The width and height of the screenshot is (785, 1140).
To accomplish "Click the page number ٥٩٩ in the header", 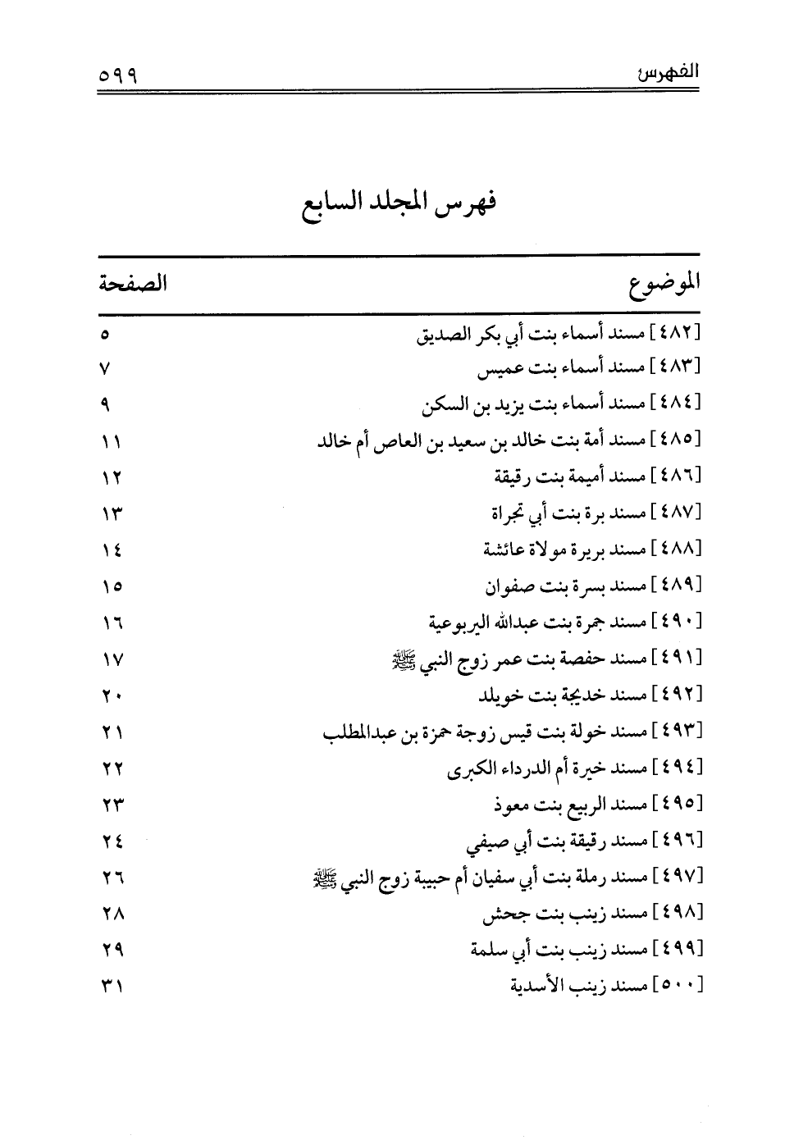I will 116,74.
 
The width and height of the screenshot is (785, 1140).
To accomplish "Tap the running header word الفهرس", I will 667,72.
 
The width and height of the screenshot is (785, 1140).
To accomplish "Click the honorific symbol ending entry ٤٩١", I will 404,659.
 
